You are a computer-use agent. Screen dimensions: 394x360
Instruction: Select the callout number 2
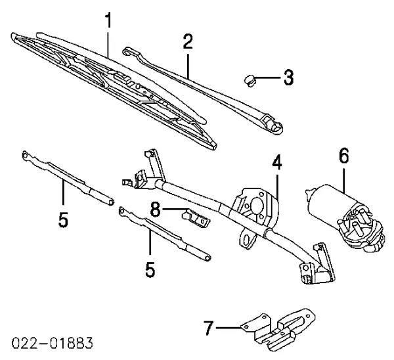tap(188, 42)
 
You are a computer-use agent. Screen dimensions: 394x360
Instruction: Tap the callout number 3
tap(288, 78)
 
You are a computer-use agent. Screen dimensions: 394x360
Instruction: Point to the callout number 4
tap(277, 162)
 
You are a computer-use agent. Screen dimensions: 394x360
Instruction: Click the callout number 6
tap(343, 155)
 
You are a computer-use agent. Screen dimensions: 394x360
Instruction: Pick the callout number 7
tap(209, 328)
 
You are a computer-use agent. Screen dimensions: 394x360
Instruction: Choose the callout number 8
tap(155, 210)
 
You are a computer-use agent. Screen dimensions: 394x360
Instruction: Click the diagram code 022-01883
tap(53, 343)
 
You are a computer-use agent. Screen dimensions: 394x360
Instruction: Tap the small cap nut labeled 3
tap(250, 80)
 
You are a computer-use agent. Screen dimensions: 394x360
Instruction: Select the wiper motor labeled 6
tap(345, 218)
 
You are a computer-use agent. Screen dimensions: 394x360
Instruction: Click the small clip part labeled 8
tap(196, 218)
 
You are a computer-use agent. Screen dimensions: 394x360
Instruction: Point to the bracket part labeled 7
tap(278, 329)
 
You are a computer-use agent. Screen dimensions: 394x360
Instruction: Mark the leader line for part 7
tap(229, 328)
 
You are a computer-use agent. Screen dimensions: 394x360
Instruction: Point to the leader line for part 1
tap(108, 44)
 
